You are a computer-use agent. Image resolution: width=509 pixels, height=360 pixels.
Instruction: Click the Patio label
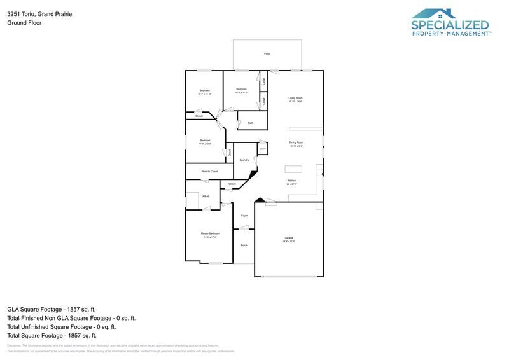point(267,54)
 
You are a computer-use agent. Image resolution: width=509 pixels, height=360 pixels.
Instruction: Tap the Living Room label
point(295,98)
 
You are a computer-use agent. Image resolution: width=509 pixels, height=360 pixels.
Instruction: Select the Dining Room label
point(296,142)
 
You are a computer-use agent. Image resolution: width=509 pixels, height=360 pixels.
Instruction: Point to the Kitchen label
point(291,181)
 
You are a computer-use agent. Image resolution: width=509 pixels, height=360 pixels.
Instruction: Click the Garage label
point(289,238)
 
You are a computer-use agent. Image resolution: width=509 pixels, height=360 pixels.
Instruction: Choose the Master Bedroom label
point(210,234)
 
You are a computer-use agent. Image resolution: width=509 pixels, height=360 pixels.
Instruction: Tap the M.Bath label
point(206,197)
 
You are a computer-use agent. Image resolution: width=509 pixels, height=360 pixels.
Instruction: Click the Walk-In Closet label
point(209,172)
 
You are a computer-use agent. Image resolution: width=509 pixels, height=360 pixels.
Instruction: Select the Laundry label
point(244,160)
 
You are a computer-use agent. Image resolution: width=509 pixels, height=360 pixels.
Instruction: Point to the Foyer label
point(244,216)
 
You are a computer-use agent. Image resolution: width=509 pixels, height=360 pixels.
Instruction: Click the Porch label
point(244,246)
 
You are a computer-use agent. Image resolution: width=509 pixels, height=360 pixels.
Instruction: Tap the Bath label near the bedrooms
point(251,123)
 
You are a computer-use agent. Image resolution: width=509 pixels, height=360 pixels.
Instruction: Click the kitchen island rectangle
point(293,169)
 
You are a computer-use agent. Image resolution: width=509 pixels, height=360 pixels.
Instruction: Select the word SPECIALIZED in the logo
point(450,26)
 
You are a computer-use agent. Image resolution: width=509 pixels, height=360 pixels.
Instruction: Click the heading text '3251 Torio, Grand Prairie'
point(39,13)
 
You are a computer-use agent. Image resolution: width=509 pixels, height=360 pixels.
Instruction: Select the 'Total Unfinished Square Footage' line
point(61,327)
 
